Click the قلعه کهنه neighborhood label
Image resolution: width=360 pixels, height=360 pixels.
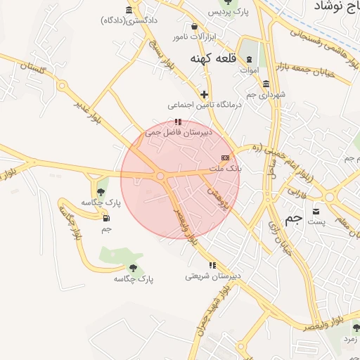click(212, 59)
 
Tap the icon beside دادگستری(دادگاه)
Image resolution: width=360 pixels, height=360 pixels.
click(129, 10)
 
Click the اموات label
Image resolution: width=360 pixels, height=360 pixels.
click(250, 70)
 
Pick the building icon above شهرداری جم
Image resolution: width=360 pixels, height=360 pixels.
click(266, 84)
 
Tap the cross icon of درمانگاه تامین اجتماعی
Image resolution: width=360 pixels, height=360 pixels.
click(204, 94)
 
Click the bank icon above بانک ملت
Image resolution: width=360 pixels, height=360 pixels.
click(225, 157)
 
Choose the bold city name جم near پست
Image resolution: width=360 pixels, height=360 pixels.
click(294, 219)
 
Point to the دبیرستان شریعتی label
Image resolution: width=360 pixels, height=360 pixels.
click(213, 276)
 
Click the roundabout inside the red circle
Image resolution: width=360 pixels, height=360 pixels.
click(160, 176)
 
